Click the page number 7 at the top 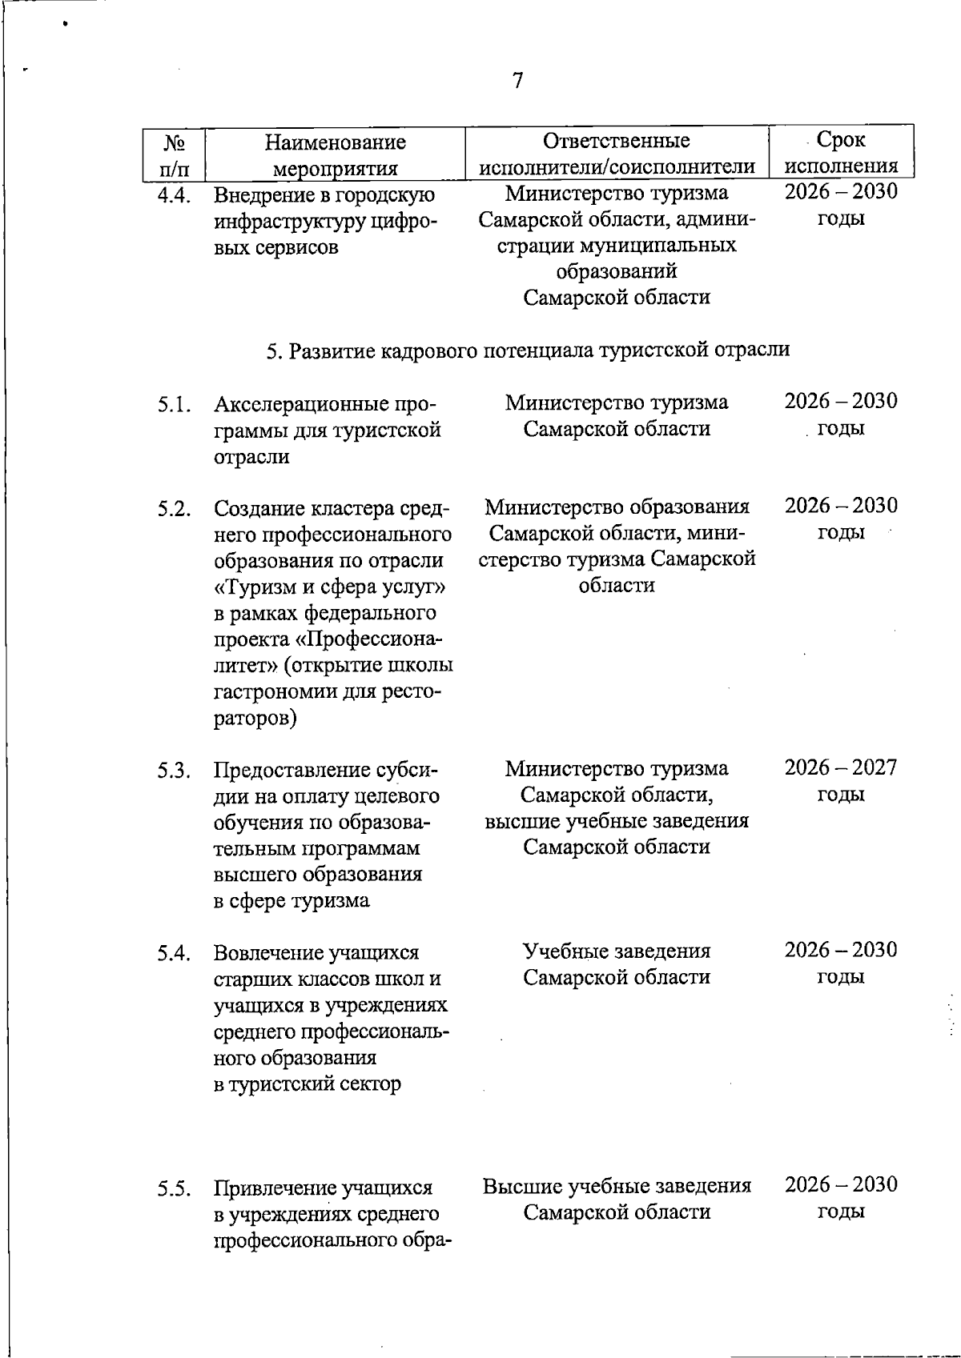(517, 81)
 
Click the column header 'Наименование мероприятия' (336, 155)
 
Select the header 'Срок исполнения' (841, 153)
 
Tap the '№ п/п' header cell (175, 155)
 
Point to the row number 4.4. (174, 195)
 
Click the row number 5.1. (174, 404)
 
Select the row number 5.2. (174, 509)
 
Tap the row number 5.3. (174, 771)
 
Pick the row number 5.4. (174, 953)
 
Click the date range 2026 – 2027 (841, 768)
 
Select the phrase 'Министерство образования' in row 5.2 (617, 507)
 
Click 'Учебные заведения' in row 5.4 (617, 951)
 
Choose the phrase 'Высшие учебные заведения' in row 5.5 (617, 1186)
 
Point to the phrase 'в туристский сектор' (308, 1084)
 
